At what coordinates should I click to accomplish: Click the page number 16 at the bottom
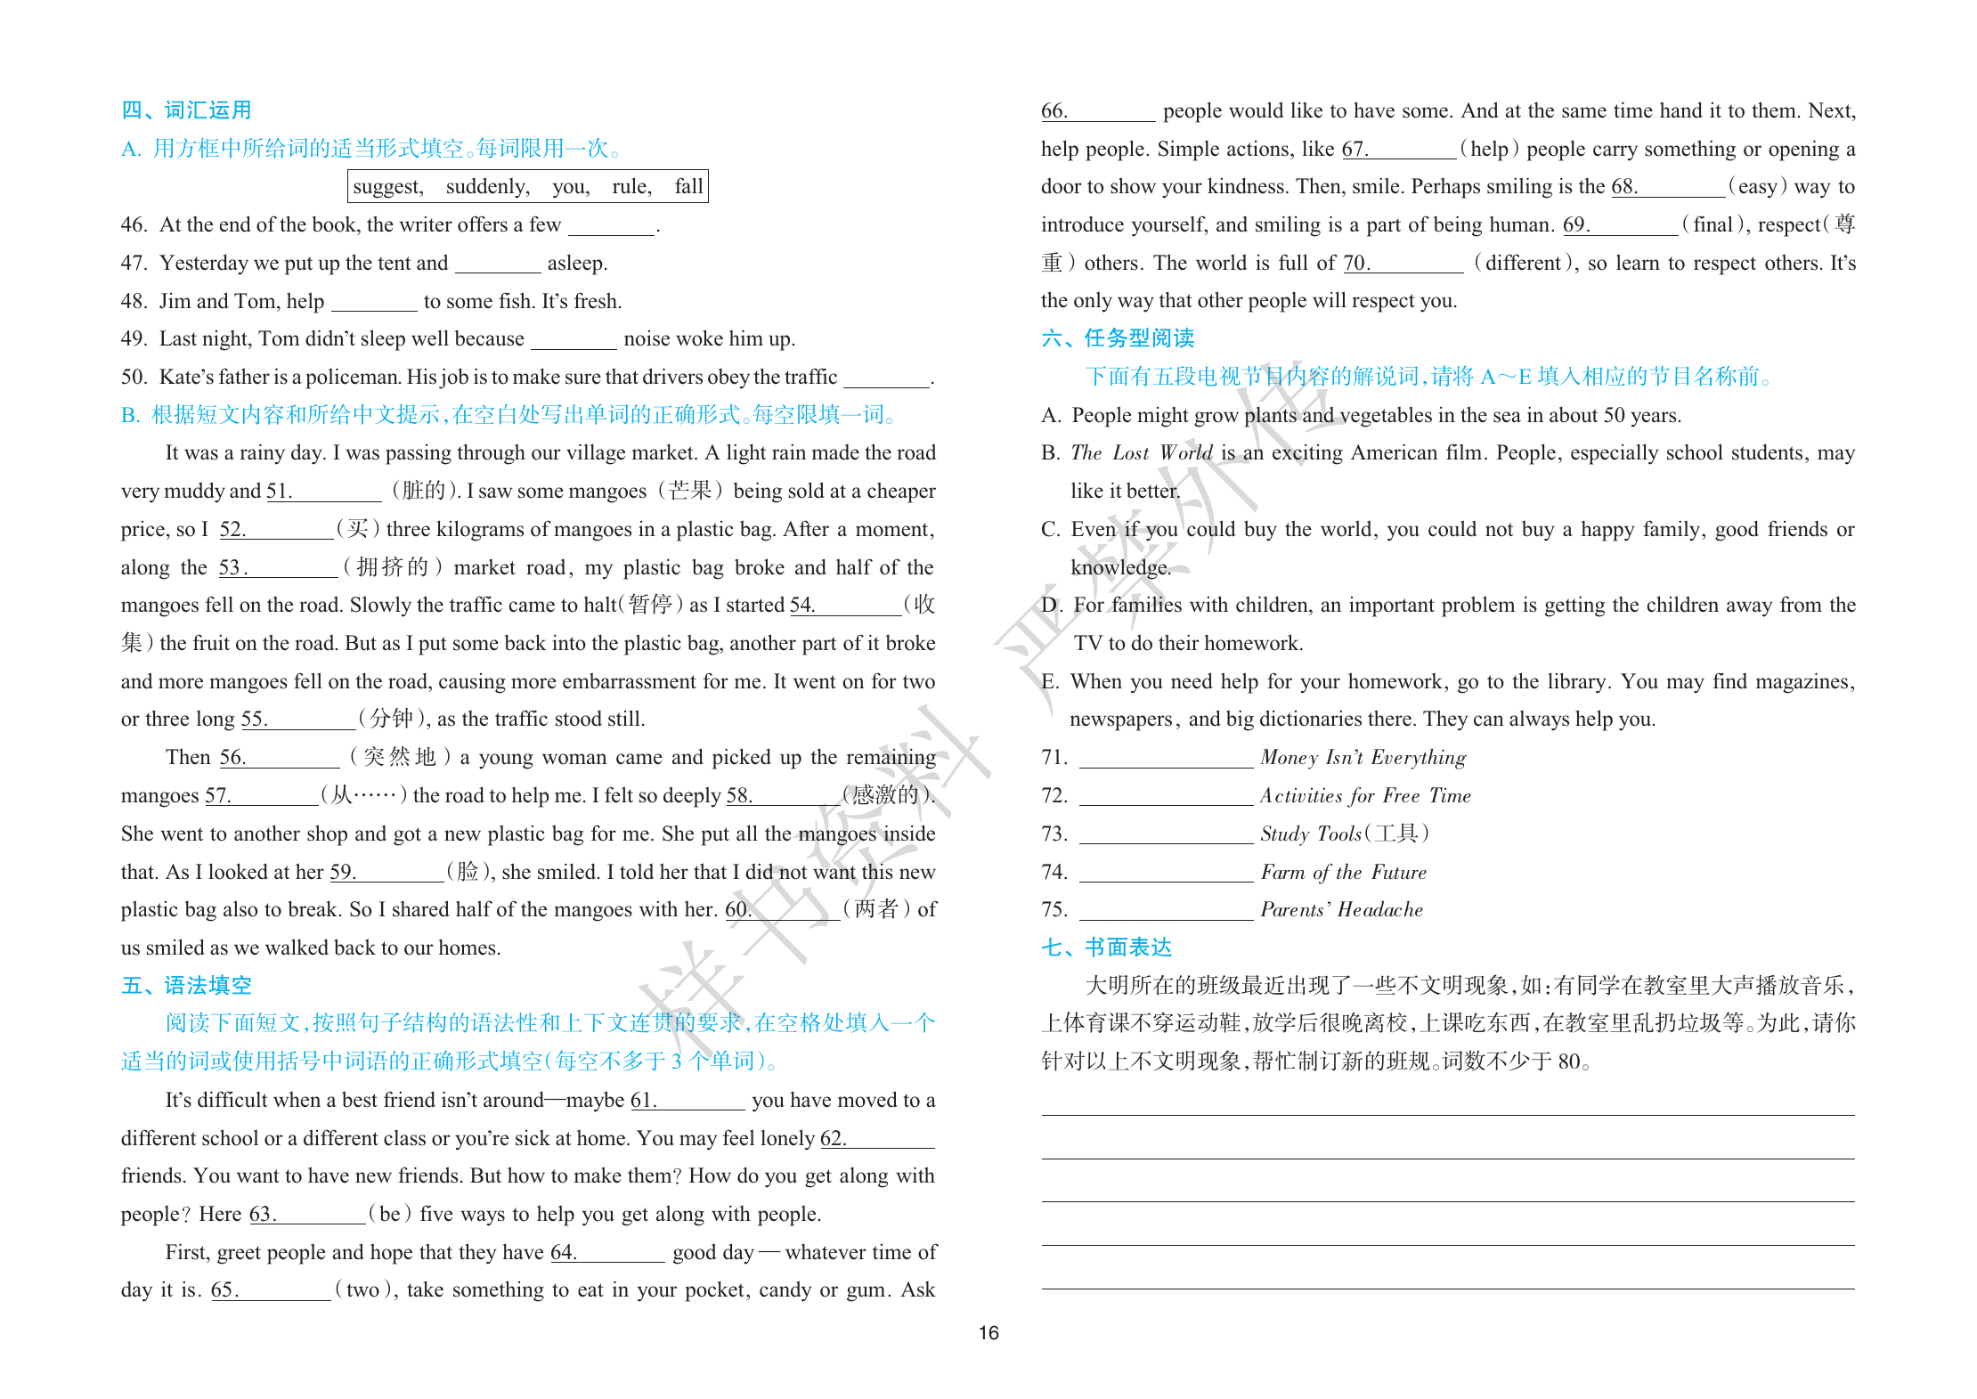click(x=988, y=1332)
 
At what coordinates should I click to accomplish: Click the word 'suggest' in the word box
click(x=387, y=187)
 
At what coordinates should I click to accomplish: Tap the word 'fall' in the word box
click(x=688, y=187)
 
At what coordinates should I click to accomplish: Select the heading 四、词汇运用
click(x=186, y=110)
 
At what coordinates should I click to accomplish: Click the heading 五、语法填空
click(x=186, y=985)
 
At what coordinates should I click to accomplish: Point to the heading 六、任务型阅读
click(x=1118, y=338)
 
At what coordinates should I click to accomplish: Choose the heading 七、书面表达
click(x=1106, y=948)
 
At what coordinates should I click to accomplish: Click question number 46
click(x=134, y=225)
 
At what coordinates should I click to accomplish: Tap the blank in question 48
click(x=374, y=303)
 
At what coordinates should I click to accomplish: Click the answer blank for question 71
click(x=1165, y=759)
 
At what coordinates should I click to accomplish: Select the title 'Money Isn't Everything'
click(x=1363, y=758)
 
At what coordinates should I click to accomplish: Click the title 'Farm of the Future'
click(x=1343, y=873)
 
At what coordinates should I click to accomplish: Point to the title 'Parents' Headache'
click(x=1341, y=910)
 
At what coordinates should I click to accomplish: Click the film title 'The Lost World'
click(x=1141, y=453)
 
